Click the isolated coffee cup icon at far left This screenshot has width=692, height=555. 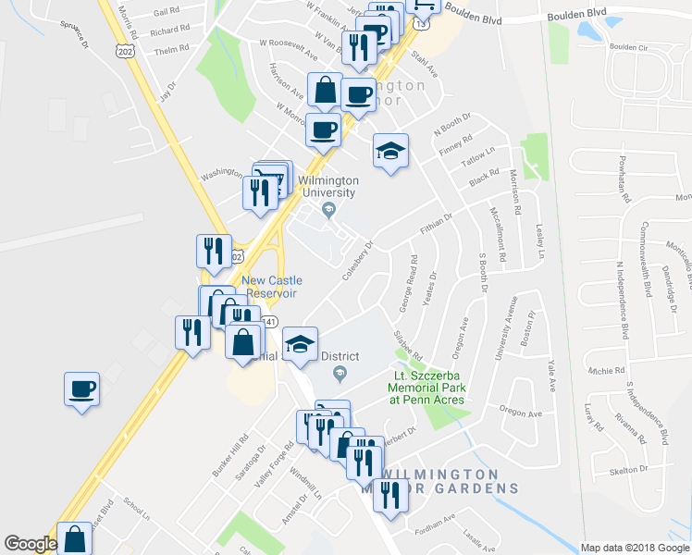click(x=81, y=388)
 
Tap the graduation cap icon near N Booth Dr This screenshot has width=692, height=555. click(x=390, y=151)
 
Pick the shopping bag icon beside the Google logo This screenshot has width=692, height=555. click(x=74, y=538)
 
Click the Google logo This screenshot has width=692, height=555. click(x=31, y=544)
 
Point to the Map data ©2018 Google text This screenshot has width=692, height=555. click(x=634, y=548)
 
